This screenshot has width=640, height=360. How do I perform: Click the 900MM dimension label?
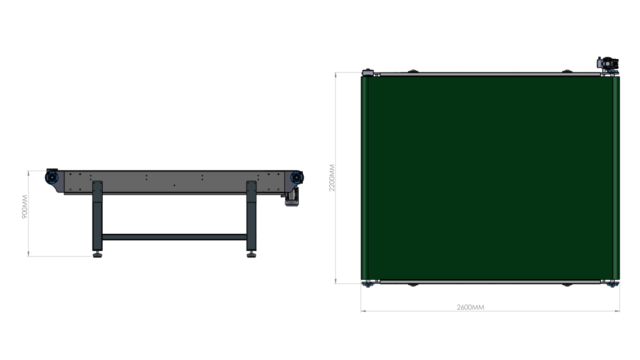[x=25, y=207]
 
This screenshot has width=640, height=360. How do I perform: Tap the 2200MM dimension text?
[x=332, y=178]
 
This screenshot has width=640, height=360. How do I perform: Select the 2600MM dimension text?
[x=470, y=308]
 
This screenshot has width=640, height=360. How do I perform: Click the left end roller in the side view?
[x=52, y=177]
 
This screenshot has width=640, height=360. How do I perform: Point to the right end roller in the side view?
[x=297, y=178]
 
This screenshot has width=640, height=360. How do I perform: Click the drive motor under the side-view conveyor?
[x=292, y=197]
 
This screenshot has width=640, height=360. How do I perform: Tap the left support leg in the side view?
[x=97, y=216]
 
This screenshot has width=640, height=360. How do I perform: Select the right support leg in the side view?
[x=252, y=216]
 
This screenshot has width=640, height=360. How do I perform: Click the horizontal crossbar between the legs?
[x=174, y=237]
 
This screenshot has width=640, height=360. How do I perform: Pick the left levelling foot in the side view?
[x=97, y=254]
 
